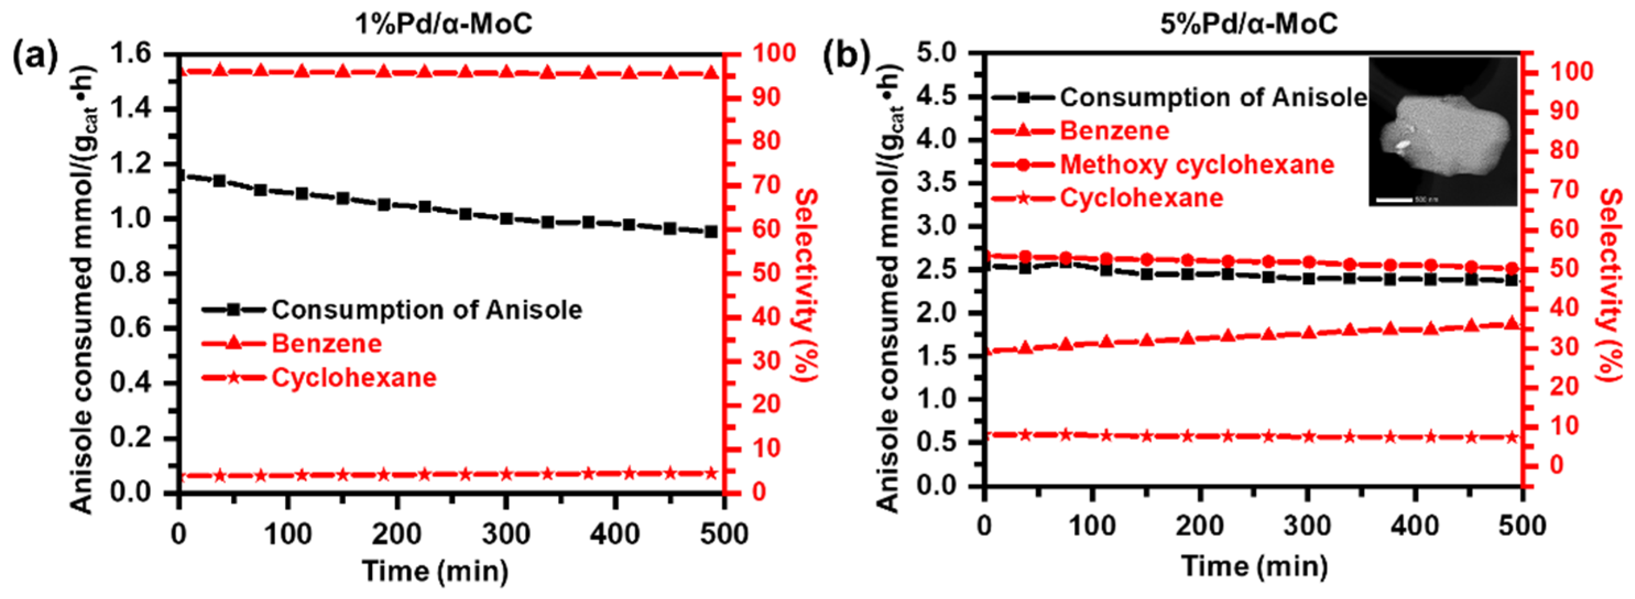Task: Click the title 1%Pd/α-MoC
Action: (x=443, y=24)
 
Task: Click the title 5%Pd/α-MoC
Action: (x=1249, y=24)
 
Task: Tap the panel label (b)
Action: (x=846, y=57)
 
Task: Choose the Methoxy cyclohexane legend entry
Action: (x=1196, y=164)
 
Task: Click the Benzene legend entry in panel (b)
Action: (x=1114, y=131)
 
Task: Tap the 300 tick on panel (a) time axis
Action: (x=506, y=534)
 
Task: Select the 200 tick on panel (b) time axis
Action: (x=1200, y=526)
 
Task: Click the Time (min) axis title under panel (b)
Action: (x=1254, y=565)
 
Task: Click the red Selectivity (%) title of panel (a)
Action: (x=805, y=285)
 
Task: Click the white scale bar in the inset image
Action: (x=1394, y=199)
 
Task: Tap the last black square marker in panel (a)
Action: (x=711, y=232)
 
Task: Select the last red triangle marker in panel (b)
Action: (x=1512, y=323)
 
